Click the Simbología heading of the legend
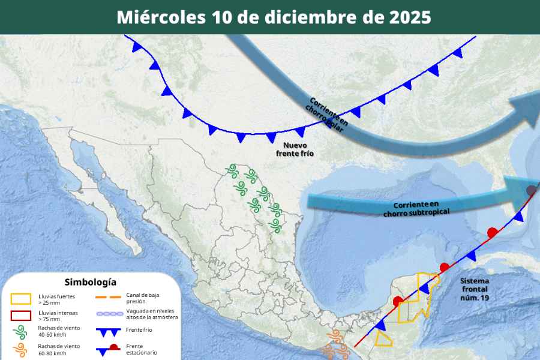(90, 282)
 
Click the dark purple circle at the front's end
(531, 191)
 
